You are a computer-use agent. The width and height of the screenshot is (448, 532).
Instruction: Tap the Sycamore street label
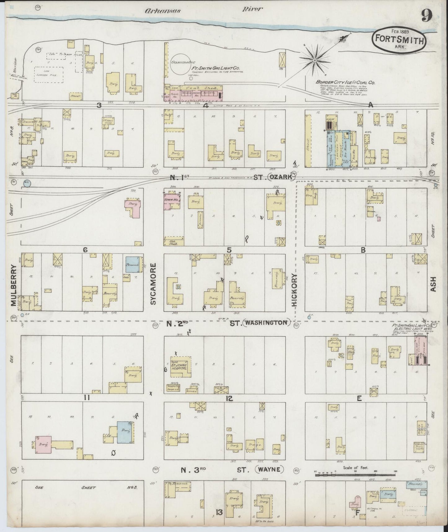click(x=154, y=284)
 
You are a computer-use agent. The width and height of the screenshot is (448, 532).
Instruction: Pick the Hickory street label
click(x=295, y=290)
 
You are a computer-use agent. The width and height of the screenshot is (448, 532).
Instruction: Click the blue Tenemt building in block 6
click(x=134, y=265)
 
